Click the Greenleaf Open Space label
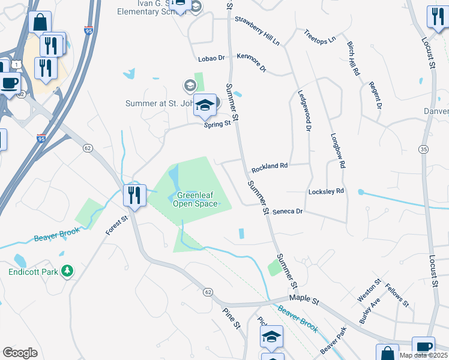point(195,200)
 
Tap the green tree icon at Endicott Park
point(68,271)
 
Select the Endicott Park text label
point(34,272)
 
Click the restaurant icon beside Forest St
point(134,196)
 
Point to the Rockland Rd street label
point(270,166)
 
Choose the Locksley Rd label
point(325,191)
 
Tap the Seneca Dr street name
point(288,212)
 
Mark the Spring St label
point(217,124)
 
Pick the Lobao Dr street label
point(211,59)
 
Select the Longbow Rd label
point(338,151)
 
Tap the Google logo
point(20,352)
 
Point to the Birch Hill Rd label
point(353,58)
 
